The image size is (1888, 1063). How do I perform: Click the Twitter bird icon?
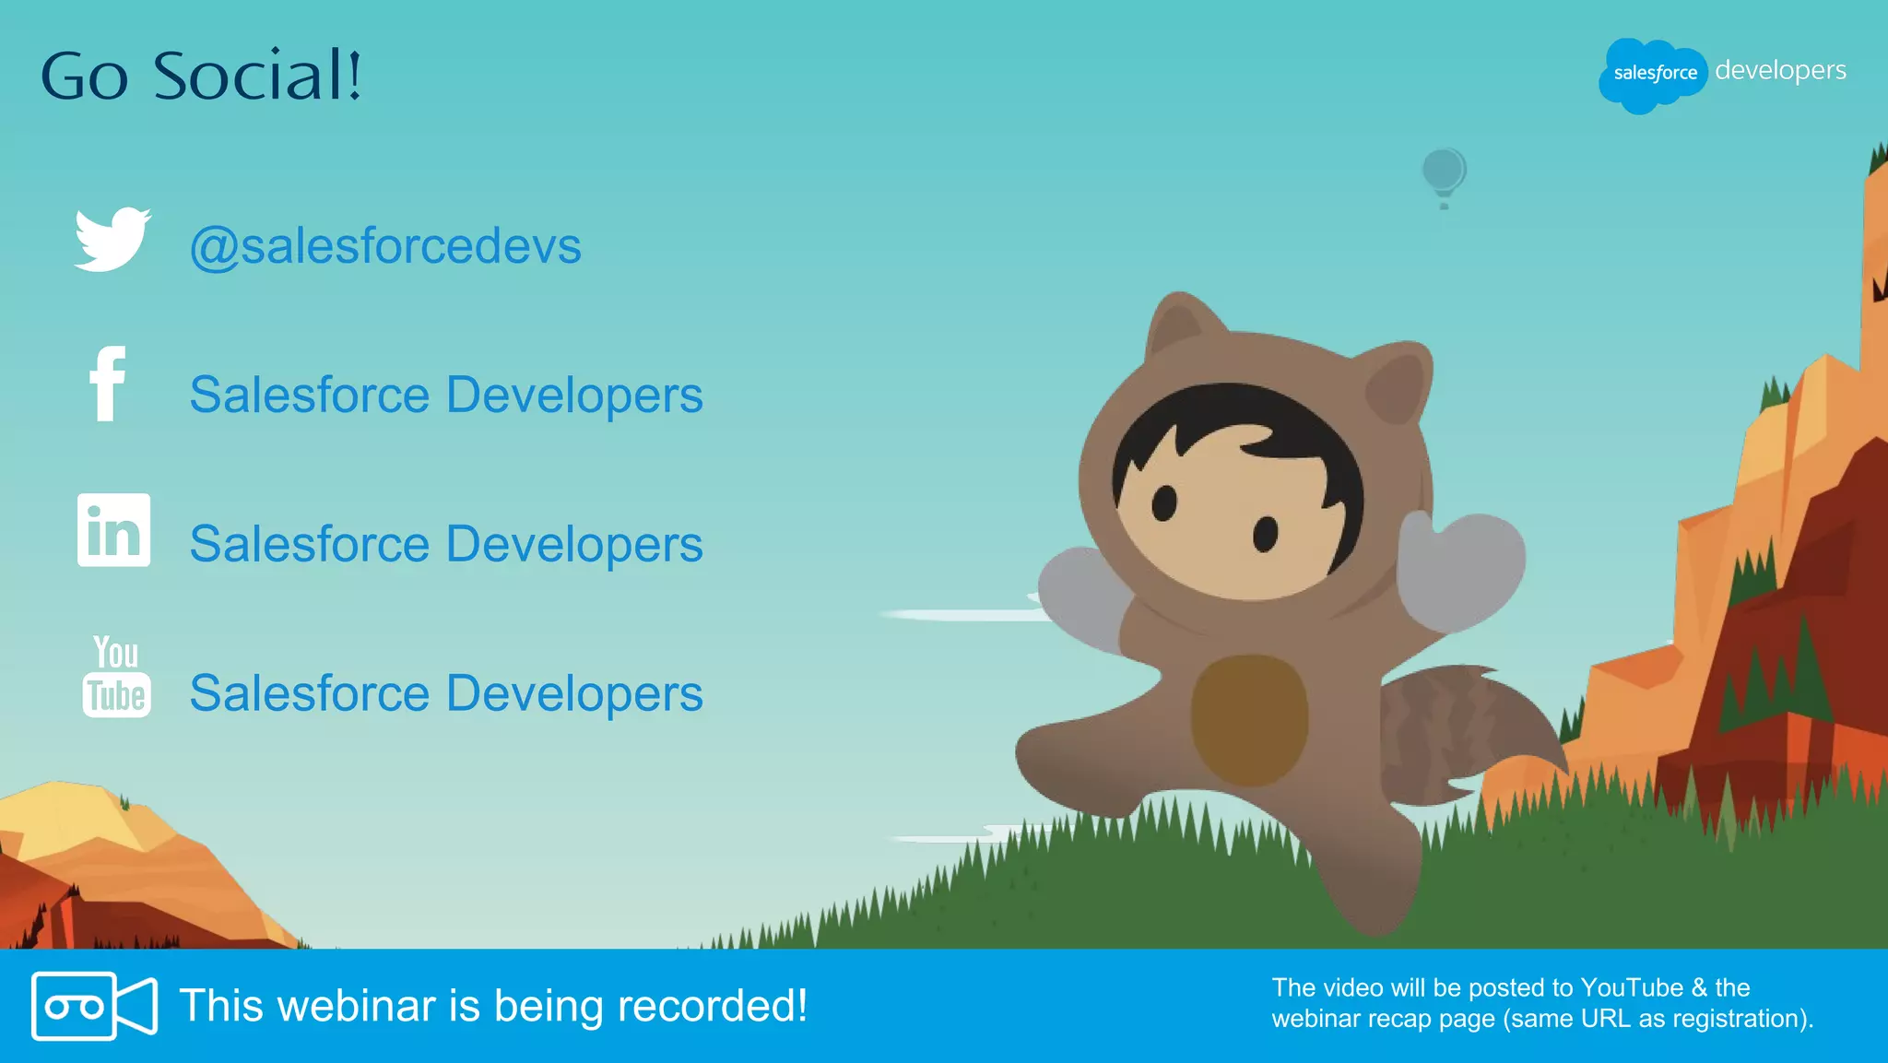pyautogui.click(x=112, y=240)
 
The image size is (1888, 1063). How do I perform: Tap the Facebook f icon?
pyautogui.click(x=108, y=384)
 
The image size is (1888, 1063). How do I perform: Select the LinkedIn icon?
pyautogui.click(x=113, y=530)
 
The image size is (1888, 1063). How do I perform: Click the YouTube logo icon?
pyautogui.click(x=116, y=677)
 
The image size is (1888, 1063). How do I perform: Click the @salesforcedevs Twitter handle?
pyautogui.click(x=385, y=246)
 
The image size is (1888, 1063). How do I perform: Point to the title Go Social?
pyautogui.click(x=201, y=76)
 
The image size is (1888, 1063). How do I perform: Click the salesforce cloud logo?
pyautogui.click(x=1652, y=74)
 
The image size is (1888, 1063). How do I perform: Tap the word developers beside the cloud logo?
pyautogui.click(x=1780, y=71)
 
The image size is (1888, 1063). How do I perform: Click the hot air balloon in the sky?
pyautogui.click(x=1444, y=174)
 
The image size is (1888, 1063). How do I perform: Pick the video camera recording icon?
pyautogui.click(x=94, y=1006)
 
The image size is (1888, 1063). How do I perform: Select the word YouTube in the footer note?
pyautogui.click(x=1632, y=988)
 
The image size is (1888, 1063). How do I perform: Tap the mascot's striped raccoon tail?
pyautogui.click(x=1466, y=728)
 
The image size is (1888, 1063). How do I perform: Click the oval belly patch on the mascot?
pyautogui.click(x=1249, y=719)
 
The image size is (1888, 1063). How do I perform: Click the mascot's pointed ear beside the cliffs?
pyautogui.click(x=1397, y=383)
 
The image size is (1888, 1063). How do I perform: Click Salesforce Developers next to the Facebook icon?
pyautogui.click(x=446, y=396)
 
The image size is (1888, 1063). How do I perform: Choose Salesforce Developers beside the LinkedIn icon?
pyautogui.click(x=446, y=544)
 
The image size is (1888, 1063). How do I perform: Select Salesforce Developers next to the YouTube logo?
pyautogui.click(x=446, y=693)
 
